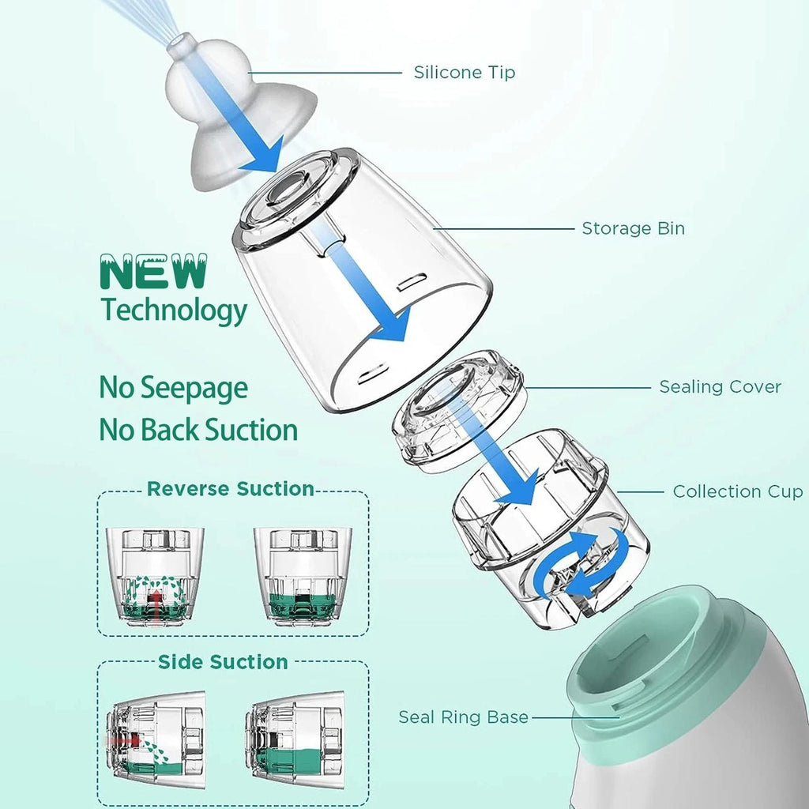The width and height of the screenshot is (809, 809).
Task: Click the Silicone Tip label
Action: coord(465,73)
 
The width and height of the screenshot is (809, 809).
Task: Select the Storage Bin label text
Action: coord(633,229)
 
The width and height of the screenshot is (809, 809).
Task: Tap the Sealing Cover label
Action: coord(720,387)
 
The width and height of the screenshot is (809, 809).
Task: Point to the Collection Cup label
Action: coord(737,491)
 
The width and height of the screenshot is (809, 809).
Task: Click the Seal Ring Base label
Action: coord(463,717)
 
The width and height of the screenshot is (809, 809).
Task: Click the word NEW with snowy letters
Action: coord(152,273)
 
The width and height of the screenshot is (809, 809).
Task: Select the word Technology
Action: coord(174,310)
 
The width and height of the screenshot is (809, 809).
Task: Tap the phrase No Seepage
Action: coord(173,388)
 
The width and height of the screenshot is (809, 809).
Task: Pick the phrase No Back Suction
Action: coord(198,430)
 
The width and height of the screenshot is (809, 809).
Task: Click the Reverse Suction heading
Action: coord(231,489)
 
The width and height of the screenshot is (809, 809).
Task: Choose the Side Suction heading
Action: coord(223,661)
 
